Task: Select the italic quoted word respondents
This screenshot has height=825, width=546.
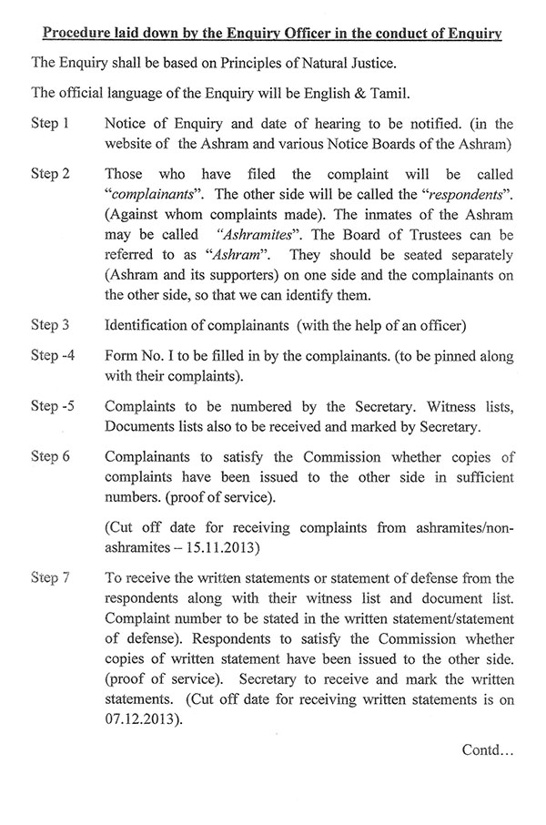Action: click(x=484, y=197)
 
